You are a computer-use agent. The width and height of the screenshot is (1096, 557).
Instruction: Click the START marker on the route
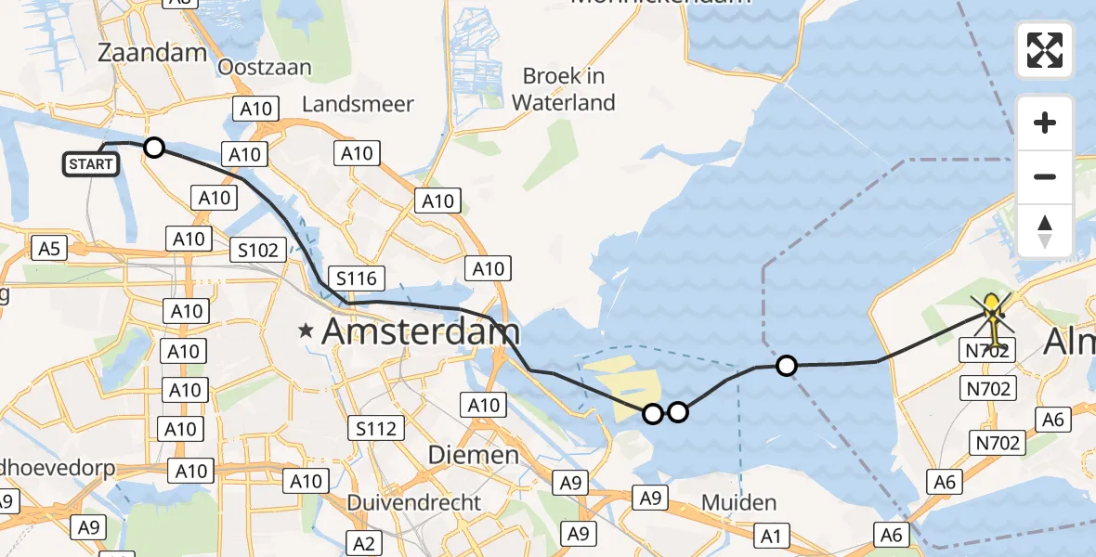click(x=91, y=164)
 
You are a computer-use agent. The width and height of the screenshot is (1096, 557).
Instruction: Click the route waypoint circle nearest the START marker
click(x=154, y=148)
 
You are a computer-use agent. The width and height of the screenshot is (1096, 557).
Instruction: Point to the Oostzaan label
click(x=265, y=67)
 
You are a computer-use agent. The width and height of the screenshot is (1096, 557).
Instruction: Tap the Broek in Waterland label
click(x=564, y=89)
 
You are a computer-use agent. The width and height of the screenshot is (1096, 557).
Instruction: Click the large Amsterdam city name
click(x=421, y=332)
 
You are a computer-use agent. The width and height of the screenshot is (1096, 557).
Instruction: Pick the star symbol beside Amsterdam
click(x=306, y=330)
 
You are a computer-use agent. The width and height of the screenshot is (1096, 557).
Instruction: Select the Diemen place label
click(x=473, y=455)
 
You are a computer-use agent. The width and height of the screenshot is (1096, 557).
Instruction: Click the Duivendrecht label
click(x=414, y=502)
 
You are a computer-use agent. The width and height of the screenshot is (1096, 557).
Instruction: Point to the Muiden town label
click(x=739, y=502)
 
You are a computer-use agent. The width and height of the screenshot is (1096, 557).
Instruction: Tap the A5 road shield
click(x=49, y=248)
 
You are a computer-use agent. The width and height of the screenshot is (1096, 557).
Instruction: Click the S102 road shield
click(x=256, y=249)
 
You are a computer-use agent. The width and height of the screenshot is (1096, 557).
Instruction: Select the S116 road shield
click(x=356, y=278)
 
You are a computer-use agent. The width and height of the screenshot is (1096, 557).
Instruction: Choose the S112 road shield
click(x=376, y=428)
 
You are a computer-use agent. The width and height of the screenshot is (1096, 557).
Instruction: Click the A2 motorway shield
click(x=364, y=542)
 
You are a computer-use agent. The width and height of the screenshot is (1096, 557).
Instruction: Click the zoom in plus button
click(x=1045, y=123)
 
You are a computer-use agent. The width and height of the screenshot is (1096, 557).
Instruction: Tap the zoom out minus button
click(x=1045, y=176)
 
